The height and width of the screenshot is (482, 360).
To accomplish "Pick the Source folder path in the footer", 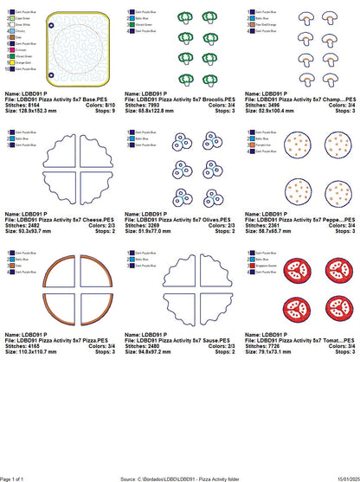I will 180,478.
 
